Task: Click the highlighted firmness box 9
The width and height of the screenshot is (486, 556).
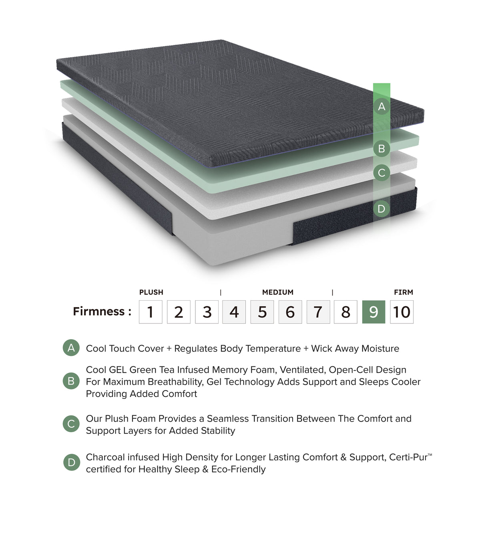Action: click(x=374, y=312)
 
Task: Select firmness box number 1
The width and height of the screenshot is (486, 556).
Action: click(x=151, y=312)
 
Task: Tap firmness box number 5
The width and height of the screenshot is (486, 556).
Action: click(x=262, y=312)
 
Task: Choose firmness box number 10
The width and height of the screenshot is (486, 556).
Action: click(x=402, y=312)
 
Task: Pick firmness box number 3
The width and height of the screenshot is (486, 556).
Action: click(x=207, y=312)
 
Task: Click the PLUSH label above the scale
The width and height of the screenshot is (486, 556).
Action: click(x=151, y=292)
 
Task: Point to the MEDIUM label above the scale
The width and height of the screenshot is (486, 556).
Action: click(x=278, y=292)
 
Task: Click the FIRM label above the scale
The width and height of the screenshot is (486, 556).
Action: click(x=403, y=292)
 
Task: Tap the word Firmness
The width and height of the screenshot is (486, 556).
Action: click(x=99, y=311)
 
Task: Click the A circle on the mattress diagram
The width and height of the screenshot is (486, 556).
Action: click(x=382, y=107)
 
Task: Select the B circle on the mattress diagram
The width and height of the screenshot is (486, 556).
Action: click(x=382, y=149)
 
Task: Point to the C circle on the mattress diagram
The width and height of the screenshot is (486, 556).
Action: click(x=382, y=173)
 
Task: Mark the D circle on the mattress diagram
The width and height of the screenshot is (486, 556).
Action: click(x=382, y=209)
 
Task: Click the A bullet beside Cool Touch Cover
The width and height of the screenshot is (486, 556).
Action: click(x=71, y=348)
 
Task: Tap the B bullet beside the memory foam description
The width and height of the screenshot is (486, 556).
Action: click(x=71, y=381)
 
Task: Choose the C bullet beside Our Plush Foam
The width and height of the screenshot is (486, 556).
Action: click(x=71, y=424)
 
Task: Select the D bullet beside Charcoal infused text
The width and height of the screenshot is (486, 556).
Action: click(x=71, y=463)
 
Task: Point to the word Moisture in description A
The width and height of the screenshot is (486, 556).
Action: click(x=380, y=349)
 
